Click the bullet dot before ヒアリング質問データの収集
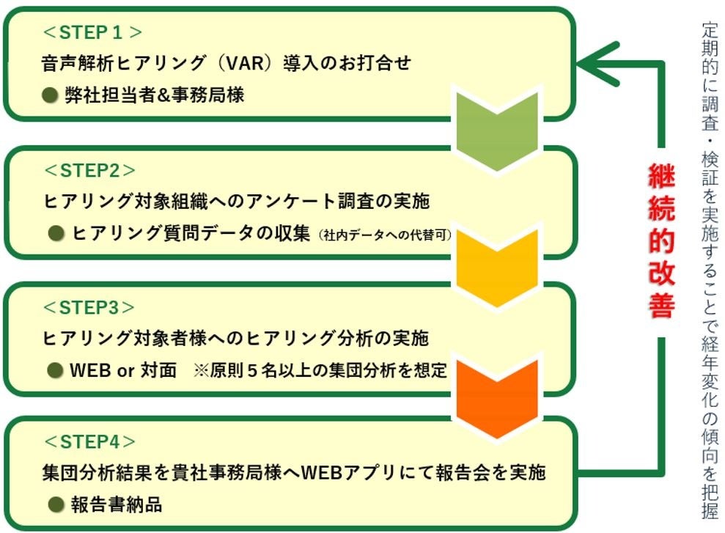[x=56, y=233]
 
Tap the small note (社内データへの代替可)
[x=385, y=235]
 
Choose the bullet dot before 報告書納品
[x=56, y=504]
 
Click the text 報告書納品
[x=117, y=504]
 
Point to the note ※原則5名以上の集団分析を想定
[x=320, y=370]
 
